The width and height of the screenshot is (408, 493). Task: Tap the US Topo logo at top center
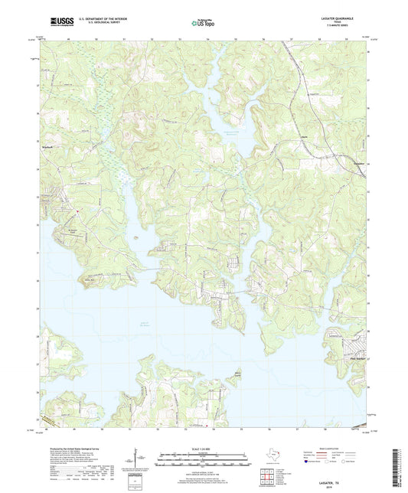(x=203, y=22)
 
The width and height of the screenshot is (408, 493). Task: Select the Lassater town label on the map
(x=359, y=162)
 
